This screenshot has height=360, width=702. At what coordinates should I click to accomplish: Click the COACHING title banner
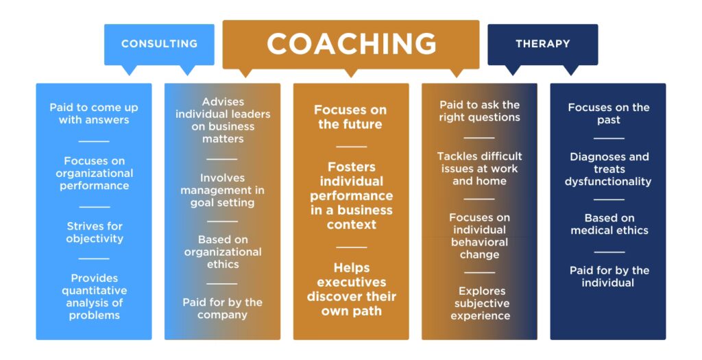click(351, 45)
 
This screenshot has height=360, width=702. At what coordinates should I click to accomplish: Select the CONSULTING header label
click(159, 44)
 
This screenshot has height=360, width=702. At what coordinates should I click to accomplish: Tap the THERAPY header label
click(543, 44)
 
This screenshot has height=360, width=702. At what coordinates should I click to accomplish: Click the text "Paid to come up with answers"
click(94, 114)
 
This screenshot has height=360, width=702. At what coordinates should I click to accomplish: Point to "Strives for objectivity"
click(95, 232)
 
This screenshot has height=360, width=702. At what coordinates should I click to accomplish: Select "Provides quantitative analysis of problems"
click(95, 297)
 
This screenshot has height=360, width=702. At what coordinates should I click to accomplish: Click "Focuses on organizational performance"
click(95, 173)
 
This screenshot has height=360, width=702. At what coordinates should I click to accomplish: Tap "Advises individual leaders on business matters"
click(223, 121)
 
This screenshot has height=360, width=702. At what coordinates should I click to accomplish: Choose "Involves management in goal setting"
click(223, 191)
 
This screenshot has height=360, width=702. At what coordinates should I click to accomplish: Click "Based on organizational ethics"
click(223, 252)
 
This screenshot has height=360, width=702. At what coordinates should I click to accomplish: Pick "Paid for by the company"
click(223, 309)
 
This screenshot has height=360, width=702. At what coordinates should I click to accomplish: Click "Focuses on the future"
click(350, 117)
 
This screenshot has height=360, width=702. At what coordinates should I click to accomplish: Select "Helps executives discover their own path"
click(352, 289)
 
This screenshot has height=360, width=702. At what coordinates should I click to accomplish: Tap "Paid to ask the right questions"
click(479, 111)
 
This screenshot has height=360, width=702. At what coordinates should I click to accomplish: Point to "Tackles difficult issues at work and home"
click(479, 169)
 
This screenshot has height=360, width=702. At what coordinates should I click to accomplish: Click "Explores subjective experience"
click(481, 304)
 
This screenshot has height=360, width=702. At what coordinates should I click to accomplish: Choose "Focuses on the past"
click(609, 114)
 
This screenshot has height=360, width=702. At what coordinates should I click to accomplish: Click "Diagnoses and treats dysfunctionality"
click(609, 169)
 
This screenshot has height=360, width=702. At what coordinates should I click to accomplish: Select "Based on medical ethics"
click(609, 224)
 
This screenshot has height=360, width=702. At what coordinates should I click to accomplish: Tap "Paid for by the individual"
click(609, 277)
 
